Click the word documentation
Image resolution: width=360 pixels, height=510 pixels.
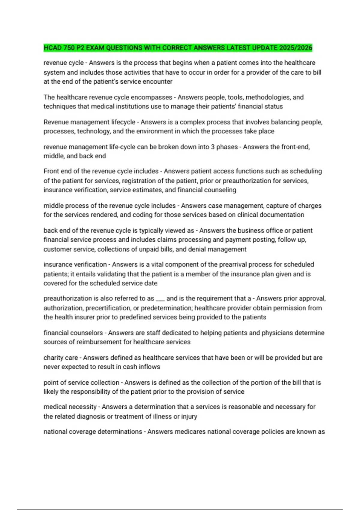pyautogui.click(x=282, y=215)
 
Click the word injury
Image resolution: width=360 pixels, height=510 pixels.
pyautogui.click(x=189, y=416)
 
